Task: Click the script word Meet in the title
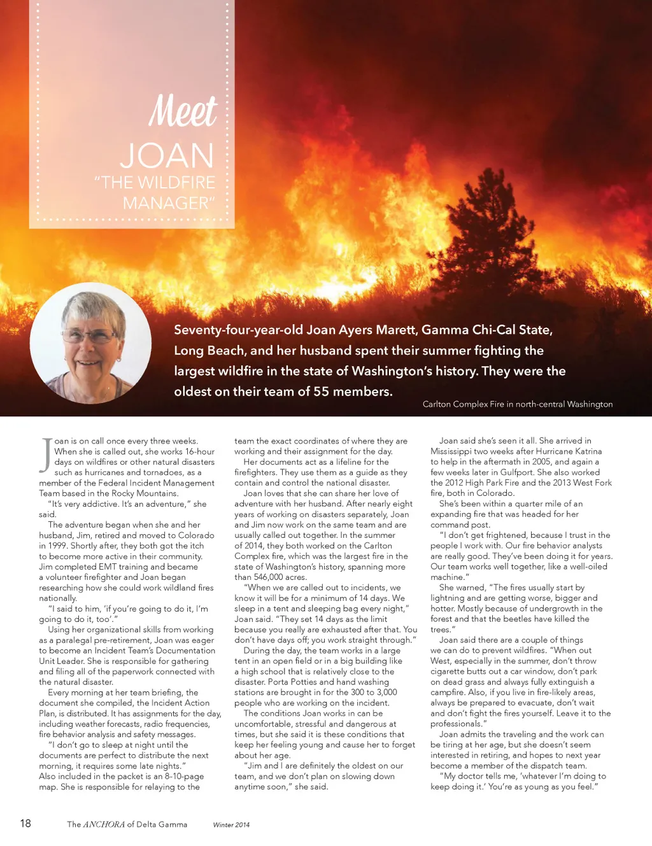183,112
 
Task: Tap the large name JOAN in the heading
167,156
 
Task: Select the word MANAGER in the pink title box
166,203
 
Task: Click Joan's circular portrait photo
90,343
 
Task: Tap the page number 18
25,823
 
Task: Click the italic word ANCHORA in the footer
104,824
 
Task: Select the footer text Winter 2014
231,825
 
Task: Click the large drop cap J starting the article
46,455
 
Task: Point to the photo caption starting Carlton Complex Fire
517,404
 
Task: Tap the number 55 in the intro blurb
322,391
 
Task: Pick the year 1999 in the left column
50,546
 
